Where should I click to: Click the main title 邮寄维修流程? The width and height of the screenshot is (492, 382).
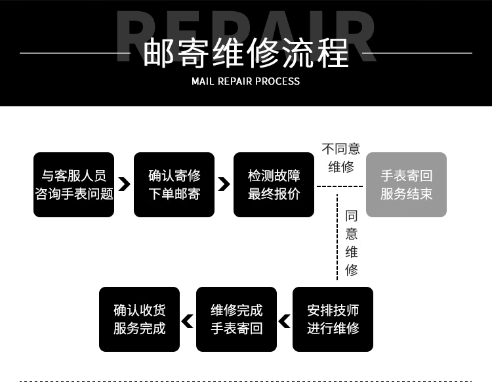point(246,53)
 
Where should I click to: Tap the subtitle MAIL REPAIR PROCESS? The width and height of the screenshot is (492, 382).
point(246,81)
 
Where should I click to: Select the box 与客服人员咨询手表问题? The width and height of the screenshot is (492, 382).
point(73,184)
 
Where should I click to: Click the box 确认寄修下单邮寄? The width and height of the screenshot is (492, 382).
point(174,184)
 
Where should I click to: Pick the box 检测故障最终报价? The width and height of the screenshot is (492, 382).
point(274,184)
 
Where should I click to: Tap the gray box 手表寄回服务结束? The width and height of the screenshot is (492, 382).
point(406,184)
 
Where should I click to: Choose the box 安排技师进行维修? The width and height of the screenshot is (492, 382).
point(333,319)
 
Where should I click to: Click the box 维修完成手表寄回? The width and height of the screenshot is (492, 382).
point(236,319)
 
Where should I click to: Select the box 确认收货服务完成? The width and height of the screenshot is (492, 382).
point(139,319)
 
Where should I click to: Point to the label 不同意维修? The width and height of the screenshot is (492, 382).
point(341,158)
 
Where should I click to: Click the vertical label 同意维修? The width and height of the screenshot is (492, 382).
point(352,243)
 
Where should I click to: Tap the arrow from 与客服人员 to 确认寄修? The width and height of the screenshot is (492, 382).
point(124,184)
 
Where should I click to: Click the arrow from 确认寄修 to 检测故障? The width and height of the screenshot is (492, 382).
point(224,184)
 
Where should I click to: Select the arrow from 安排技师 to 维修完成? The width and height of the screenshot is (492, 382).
point(284,322)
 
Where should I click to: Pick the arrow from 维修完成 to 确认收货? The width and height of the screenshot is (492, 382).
point(188,322)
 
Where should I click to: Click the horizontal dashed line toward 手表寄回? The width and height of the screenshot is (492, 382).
point(340,186)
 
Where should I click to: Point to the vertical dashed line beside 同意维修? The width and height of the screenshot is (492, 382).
point(337,238)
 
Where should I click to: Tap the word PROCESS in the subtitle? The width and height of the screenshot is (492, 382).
point(277,81)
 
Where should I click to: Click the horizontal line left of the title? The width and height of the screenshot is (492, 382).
point(75,53)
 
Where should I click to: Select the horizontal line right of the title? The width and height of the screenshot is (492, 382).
point(417,53)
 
